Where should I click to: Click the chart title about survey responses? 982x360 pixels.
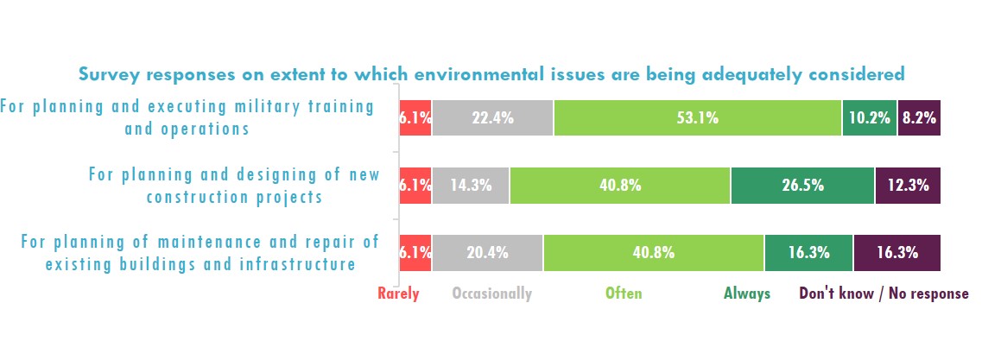491,74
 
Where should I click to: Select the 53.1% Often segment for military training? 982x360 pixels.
698,118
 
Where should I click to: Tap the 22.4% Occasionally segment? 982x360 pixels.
492,118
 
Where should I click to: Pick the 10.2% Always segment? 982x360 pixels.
869,118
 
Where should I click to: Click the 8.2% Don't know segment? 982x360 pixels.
919,118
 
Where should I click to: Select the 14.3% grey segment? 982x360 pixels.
471,186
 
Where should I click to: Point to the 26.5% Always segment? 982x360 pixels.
802,186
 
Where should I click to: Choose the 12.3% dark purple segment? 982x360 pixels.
908,186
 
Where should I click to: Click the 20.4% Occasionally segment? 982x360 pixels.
488,253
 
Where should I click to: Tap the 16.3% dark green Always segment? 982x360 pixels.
808,253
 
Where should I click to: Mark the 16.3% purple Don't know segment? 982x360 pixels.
897,253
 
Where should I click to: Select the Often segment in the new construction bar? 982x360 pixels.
620,186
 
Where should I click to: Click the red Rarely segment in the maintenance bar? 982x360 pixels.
415,253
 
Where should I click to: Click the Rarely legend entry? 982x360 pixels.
398,294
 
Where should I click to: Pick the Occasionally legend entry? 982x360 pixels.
491,294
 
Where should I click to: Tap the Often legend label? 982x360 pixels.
624,294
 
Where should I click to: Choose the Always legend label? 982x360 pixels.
746,294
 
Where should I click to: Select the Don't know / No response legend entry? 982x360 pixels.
884,294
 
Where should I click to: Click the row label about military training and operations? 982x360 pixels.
187,117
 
